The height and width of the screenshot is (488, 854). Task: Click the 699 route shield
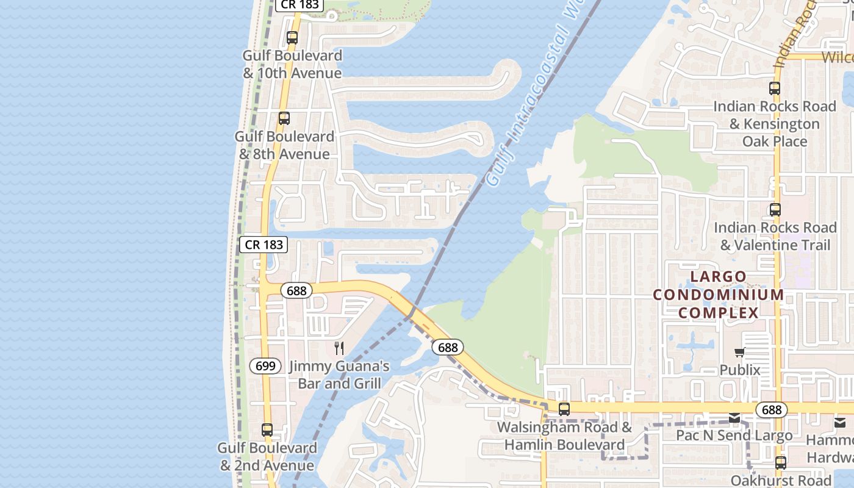pos(265,366)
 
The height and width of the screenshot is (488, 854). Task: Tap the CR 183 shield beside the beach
pos(264,245)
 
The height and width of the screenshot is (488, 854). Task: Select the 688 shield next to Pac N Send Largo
pos(771,410)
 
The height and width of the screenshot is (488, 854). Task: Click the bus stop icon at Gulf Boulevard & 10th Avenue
pos(292,38)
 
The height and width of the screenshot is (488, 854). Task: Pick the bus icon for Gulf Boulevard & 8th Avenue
pos(284,118)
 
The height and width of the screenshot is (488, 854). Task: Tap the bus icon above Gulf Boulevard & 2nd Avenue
pos(267,430)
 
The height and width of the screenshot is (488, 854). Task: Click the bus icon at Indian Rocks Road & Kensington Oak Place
pos(775,88)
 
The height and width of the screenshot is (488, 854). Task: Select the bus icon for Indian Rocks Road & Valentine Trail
pos(775,210)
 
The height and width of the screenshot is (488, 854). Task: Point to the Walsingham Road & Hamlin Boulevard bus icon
pos(564,409)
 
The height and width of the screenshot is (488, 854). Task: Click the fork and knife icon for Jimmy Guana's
pos(339,348)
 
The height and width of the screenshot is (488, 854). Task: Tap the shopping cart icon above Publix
pos(740,352)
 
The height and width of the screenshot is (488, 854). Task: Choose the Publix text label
pos(740,370)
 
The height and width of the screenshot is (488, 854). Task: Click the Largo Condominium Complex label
pos(719,295)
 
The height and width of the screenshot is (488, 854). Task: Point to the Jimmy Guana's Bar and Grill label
pos(339,375)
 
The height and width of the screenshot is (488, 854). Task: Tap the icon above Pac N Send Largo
pos(734,418)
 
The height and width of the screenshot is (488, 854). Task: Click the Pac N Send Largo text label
pos(734,436)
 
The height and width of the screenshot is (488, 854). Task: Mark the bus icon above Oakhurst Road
pos(781,463)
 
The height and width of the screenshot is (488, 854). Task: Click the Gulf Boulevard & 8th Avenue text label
pos(284,145)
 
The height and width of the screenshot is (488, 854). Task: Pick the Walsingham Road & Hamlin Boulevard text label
pos(564,436)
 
